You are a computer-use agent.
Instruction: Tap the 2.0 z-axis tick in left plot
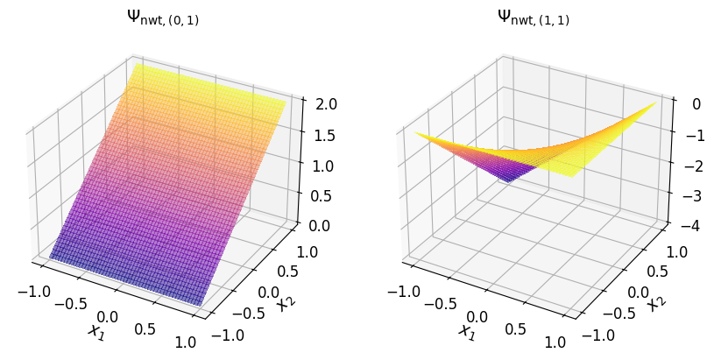tap(316, 104)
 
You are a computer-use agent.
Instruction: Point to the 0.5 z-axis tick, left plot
tap(316, 195)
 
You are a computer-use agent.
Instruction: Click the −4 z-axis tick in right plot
tap(689, 226)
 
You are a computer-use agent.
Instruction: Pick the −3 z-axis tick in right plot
tap(689, 195)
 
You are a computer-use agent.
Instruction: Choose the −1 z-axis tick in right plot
tap(689, 135)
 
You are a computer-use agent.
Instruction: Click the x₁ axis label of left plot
tap(95, 330)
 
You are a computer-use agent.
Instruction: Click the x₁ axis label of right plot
tap(466, 330)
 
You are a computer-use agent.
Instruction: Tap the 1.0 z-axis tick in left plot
tap(316, 166)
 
